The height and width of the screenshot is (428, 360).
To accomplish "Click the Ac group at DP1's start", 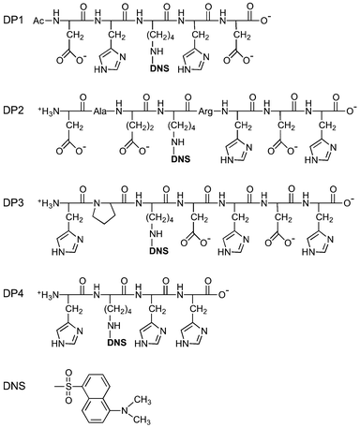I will (x=38, y=19).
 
